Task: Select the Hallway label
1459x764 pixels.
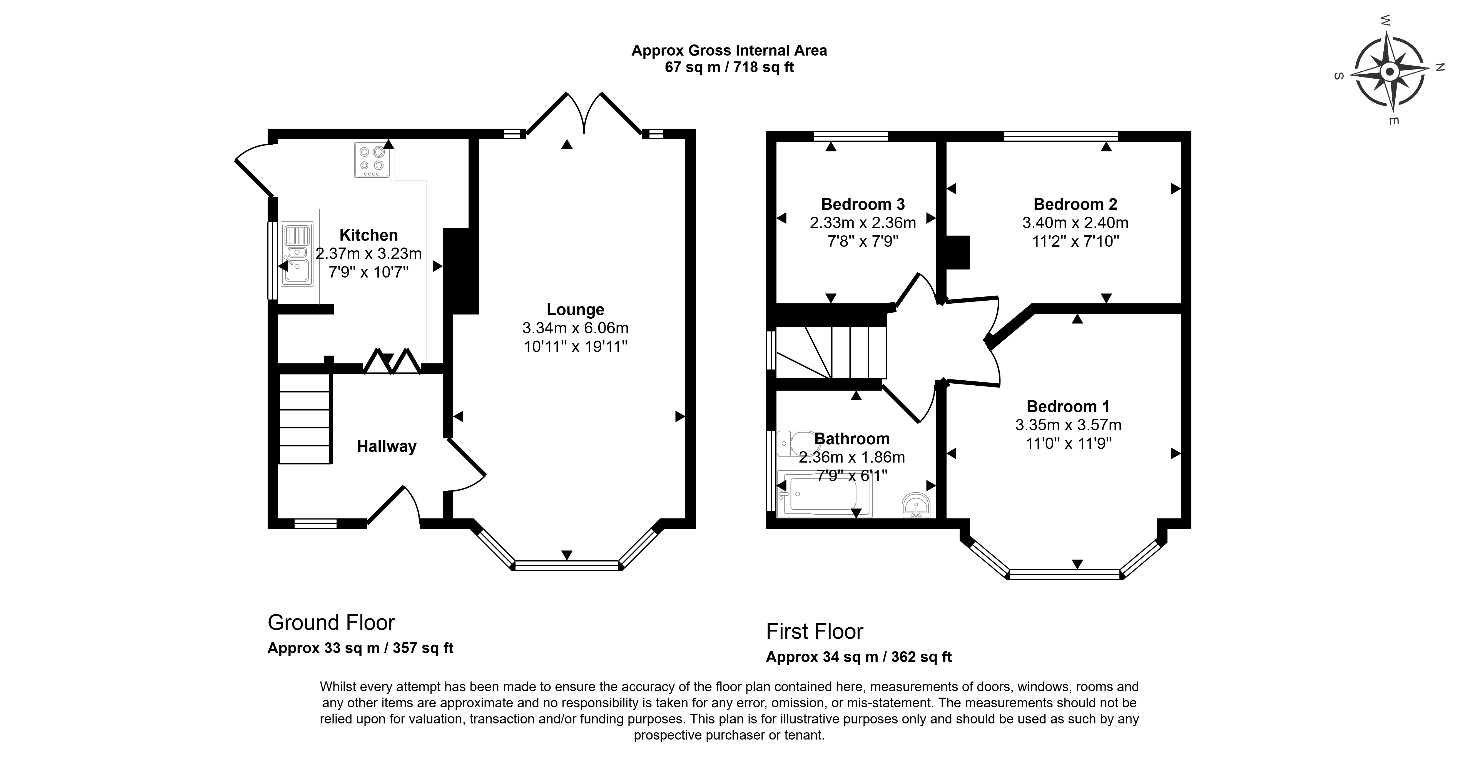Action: pyautogui.click(x=387, y=447)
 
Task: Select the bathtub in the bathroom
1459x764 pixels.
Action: pyautogui.click(x=825, y=494)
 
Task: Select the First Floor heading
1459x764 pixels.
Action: pyautogui.click(x=815, y=631)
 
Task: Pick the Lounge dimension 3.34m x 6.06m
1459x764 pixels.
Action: pyautogui.click(x=576, y=328)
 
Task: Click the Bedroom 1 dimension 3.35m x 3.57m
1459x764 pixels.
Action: pyautogui.click(x=1068, y=425)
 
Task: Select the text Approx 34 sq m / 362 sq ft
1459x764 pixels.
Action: pyautogui.click(x=859, y=657)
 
